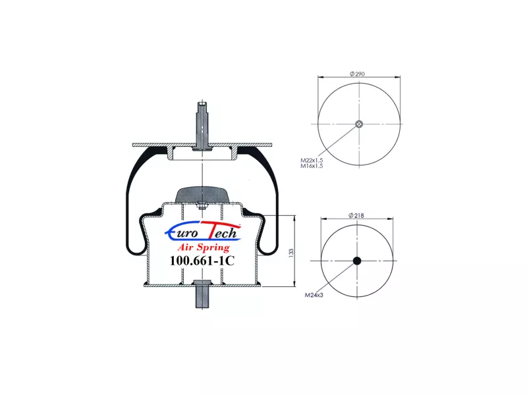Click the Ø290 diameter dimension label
point(357,74)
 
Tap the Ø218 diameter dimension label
point(356,215)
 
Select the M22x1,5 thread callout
point(312,160)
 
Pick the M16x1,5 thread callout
point(312,166)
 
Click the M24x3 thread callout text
point(314,295)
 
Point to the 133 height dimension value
point(291,253)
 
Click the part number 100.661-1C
point(202,261)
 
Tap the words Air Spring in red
point(204,248)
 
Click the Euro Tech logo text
point(203,231)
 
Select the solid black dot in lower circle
point(357,261)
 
